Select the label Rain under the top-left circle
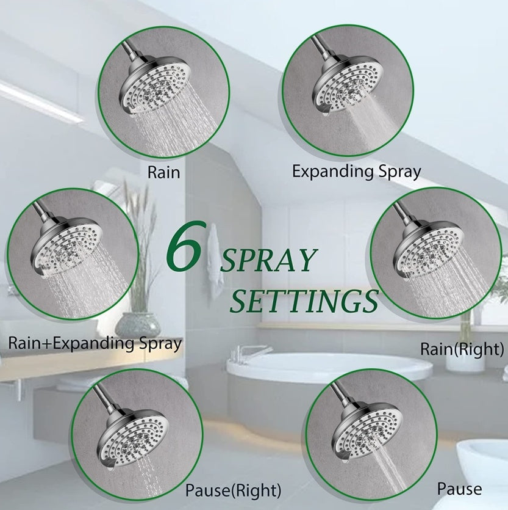pyautogui.click(x=163, y=172)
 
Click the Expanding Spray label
pyautogui.click(x=356, y=171)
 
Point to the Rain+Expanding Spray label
pyautogui.click(x=95, y=343)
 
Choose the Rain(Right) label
pyautogui.click(x=462, y=349)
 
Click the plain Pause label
pyautogui.click(x=459, y=489)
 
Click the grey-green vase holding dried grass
pyautogui.click(x=138, y=324)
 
